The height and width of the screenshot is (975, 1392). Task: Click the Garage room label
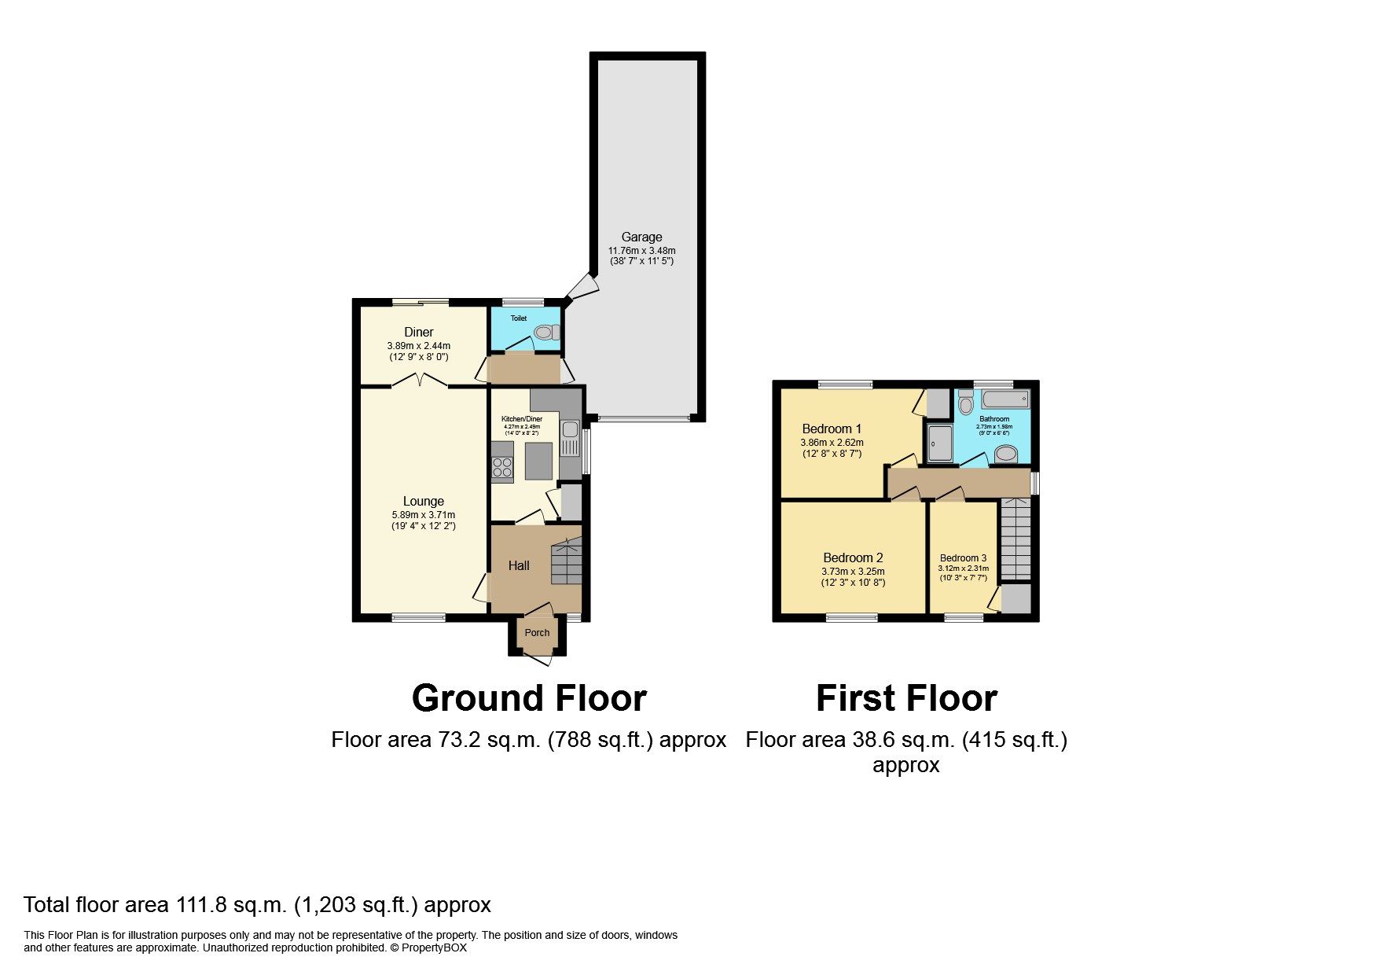coord(641,237)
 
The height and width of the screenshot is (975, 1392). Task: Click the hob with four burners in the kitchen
coord(501,468)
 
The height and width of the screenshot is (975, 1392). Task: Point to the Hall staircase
coord(566,560)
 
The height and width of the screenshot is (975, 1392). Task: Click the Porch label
coord(537,633)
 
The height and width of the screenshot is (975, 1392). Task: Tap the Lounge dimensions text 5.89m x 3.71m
coord(423,514)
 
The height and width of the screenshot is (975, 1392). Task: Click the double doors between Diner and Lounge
coord(419,382)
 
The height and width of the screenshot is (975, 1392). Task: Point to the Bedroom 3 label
coord(963,557)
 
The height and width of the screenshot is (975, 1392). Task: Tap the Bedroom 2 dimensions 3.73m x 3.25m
coord(853,572)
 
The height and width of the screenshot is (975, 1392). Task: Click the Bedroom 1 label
coord(832,429)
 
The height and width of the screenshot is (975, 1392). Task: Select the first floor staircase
coord(1016,539)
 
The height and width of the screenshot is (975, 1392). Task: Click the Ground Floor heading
coord(528,698)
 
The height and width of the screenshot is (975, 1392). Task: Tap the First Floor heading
coord(906,698)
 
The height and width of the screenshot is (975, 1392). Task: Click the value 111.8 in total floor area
coord(200,905)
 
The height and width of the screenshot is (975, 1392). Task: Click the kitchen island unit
coord(538,461)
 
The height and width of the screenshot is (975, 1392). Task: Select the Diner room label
coord(418,332)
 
